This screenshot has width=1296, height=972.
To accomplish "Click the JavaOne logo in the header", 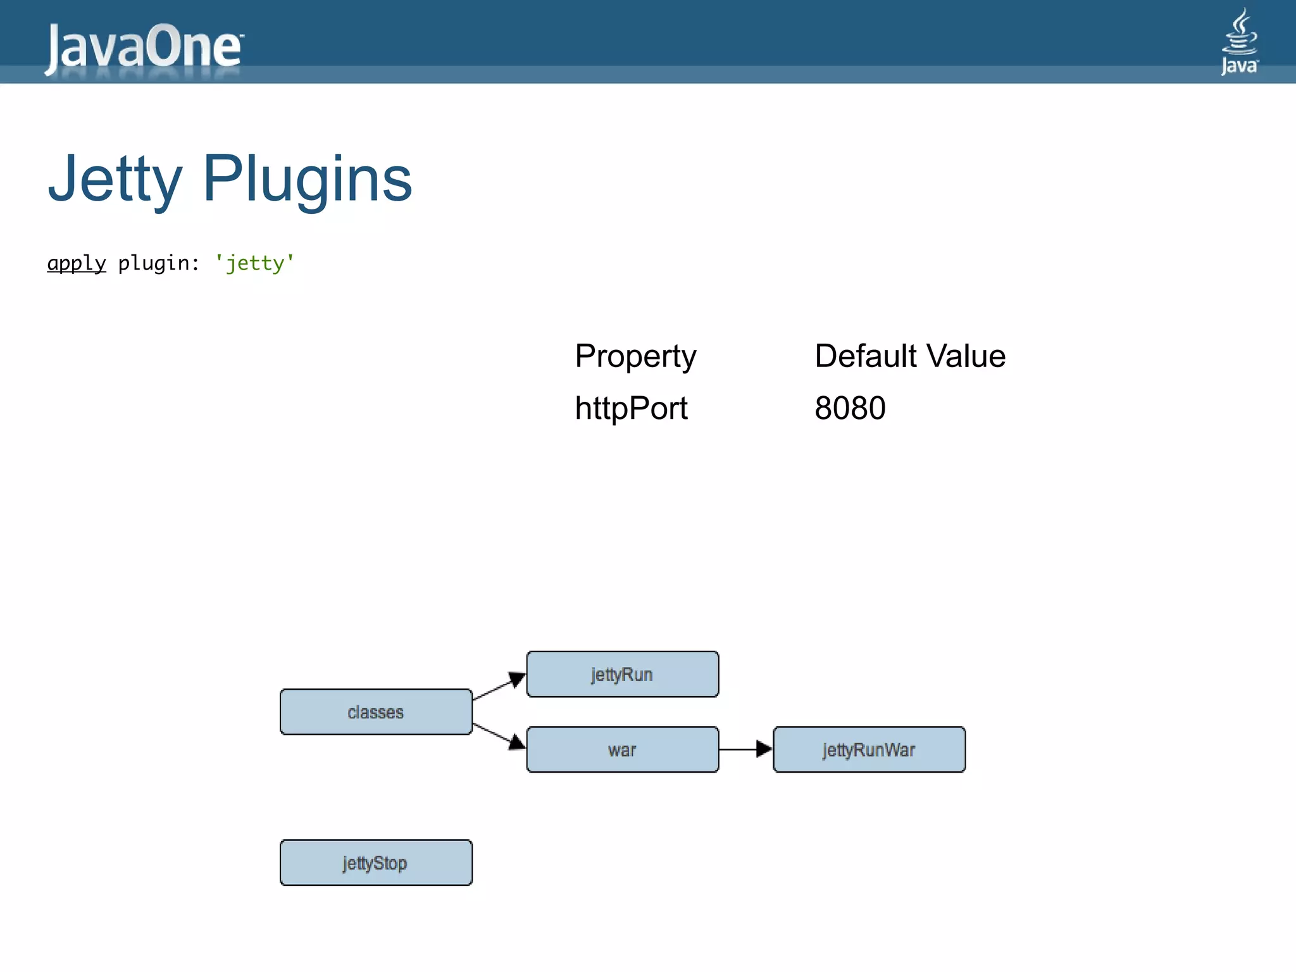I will click(x=143, y=47).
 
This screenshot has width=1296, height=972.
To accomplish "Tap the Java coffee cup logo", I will click(x=1239, y=42).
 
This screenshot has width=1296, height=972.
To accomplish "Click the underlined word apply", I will click(x=77, y=263).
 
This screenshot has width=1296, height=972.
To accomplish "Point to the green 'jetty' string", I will click(x=254, y=263).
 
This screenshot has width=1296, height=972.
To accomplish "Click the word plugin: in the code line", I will click(x=158, y=263).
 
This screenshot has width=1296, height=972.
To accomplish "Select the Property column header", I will click(x=635, y=356).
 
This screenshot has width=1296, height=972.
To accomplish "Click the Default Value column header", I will click(x=909, y=356).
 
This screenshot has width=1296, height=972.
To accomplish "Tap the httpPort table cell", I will click(x=630, y=408).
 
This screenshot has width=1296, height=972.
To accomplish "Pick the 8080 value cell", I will click(x=849, y=408).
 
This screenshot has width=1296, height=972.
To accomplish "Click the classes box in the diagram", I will click(x=376, y=712).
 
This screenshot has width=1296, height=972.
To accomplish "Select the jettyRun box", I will click(x=622, y=675).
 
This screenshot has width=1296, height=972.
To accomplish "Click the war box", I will click(x=622, y=750).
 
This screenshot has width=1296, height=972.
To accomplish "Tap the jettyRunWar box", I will click(x=869, y=750).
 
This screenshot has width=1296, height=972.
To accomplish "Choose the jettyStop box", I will click(x=376, y=863).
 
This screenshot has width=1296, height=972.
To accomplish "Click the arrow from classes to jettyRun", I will click(x=499, y=688).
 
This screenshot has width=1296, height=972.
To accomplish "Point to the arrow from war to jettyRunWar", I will click(x=745, y=749).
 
